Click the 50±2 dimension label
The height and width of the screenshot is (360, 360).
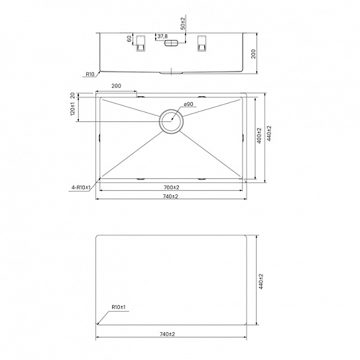(x=183, y=23)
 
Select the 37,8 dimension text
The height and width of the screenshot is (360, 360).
(x=162, y=36)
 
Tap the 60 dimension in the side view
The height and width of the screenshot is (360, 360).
(x=129, y=38)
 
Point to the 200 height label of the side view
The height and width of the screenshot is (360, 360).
(x=253, y=54)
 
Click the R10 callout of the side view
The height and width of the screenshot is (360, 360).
(x=90, y=74)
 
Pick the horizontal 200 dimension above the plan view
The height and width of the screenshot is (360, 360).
(x=116, y=86)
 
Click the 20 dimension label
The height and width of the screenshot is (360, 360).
(x=72, y=95)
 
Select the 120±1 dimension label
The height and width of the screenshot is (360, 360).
(x=73, y=109)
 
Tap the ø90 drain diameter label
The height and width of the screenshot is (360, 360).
(x=188, y=104)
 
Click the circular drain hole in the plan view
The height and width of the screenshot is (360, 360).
(x=171, y=110)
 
